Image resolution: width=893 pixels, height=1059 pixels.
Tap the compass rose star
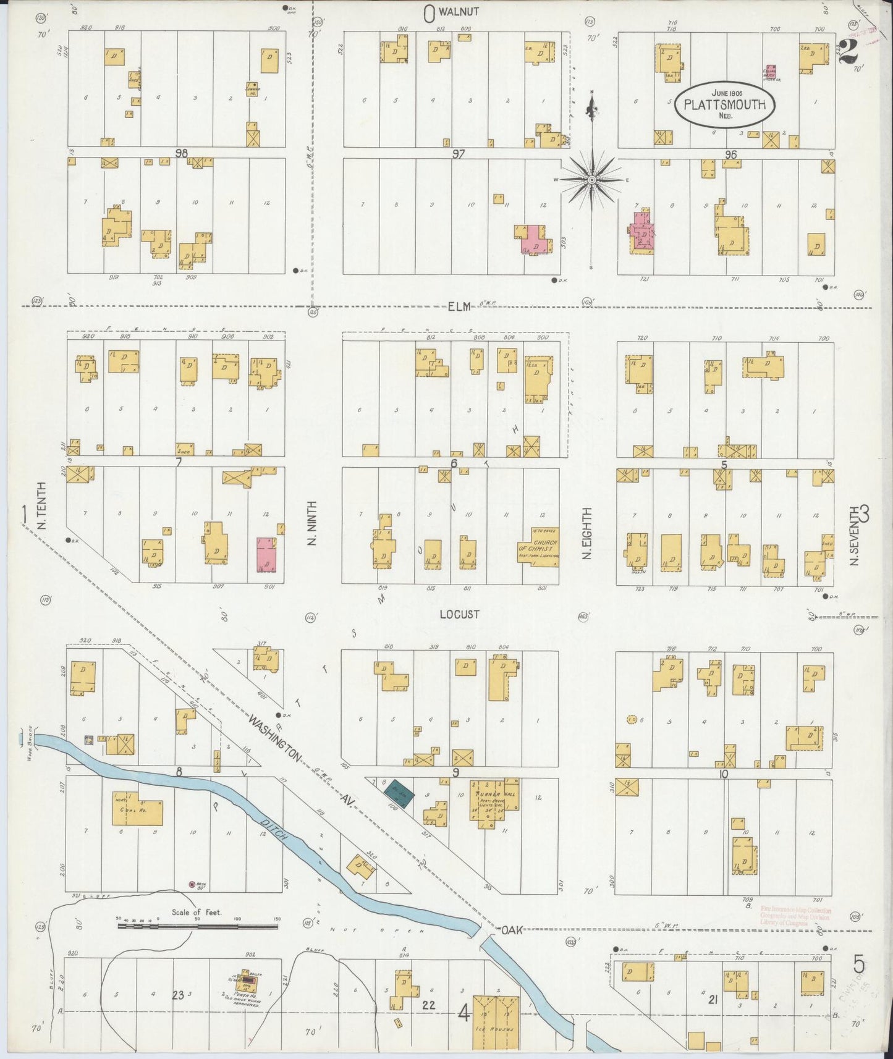[x=591, y=180]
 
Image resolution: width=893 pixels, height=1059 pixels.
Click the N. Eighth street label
[x=586, y=533]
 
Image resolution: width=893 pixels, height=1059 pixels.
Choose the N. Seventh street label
[x=854, y=536]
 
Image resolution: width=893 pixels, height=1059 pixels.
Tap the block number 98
[x=180, y=153]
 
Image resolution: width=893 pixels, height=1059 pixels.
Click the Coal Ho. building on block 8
[x=138, y=812]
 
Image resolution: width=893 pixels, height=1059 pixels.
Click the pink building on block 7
[x=266, y=553]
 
